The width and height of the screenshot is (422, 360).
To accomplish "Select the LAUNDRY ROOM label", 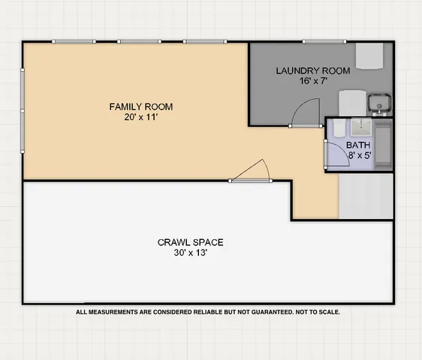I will [x=312, y=71].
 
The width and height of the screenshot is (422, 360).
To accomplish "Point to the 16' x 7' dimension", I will [x=312, y=82].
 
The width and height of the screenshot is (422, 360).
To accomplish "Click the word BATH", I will [x=357, y=145].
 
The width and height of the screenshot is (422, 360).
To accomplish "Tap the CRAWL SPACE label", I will [x=190, y=242].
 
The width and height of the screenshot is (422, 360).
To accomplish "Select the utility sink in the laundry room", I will [x=381, y=103].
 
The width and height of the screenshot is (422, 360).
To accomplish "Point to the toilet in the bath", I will [x=337, y=132].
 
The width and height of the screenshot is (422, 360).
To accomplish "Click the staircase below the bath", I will [x=366, y=195].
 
